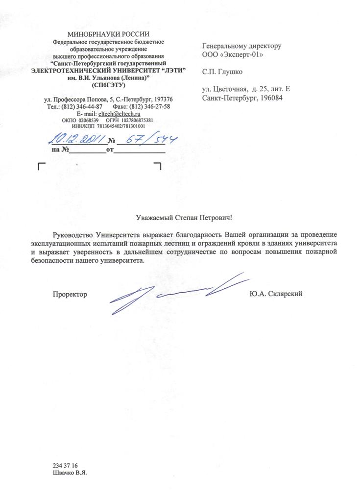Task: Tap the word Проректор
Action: coord(70,294)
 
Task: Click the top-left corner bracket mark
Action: coord(41,167)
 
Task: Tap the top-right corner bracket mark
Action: coord(158,167)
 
